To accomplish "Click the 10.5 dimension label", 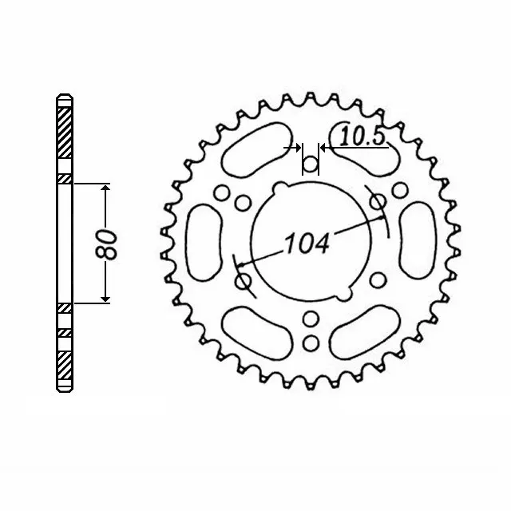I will coord(362,137).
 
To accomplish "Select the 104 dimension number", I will coord(306,243).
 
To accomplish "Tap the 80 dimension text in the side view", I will coord(110,244).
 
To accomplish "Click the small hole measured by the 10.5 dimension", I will coord(310,165).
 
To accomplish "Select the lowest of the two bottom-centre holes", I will coord(311,343).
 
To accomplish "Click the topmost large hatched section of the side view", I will coord(65,128).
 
